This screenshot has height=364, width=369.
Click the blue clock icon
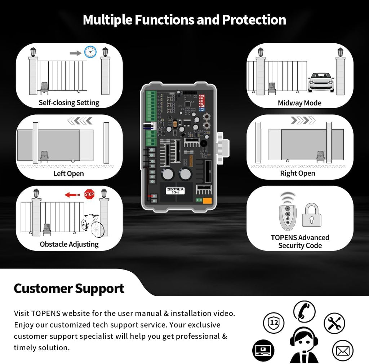[90, 52]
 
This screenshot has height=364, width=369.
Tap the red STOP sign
[89, 194]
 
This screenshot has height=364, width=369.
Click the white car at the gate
[321, 82]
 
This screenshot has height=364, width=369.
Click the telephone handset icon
[304, 311]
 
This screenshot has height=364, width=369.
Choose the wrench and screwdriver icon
[334, 323]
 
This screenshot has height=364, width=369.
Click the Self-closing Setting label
[69, 103]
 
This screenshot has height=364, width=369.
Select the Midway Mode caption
[299, 103]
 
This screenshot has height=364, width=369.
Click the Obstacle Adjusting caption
[69, 244]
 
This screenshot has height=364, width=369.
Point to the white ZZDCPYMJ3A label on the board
[175, 190]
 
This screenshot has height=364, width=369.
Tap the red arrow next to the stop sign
[72, 195]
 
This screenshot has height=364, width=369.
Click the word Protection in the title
[254, 20]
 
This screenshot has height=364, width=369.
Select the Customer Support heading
[69, 289]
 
